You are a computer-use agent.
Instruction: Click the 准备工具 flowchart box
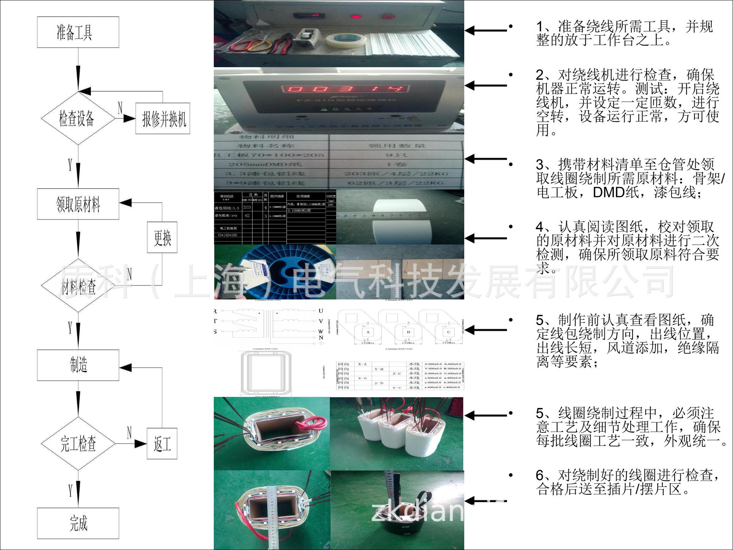tap(78, 32)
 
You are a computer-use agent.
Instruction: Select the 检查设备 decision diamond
tap(78, 118)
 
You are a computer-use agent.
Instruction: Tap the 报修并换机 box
tap(163, 118)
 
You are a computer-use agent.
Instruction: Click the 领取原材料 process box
tap(78, 204)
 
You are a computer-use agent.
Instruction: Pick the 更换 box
tap(162, 237)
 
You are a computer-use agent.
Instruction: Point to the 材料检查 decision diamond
tap(78, 286)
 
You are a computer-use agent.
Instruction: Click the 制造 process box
tap(78, 365)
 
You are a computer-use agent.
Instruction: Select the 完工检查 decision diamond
tap(78, 443)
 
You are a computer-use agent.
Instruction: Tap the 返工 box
tap(162, 444)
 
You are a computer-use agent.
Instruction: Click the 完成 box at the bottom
tap(78, 523)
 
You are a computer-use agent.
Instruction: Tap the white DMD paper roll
tap(401, 222)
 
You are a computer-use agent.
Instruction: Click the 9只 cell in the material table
tap(396, 155)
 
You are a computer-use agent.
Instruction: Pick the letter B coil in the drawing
tap(408, 332)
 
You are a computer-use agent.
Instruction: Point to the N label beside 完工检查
tap(129, 432)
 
